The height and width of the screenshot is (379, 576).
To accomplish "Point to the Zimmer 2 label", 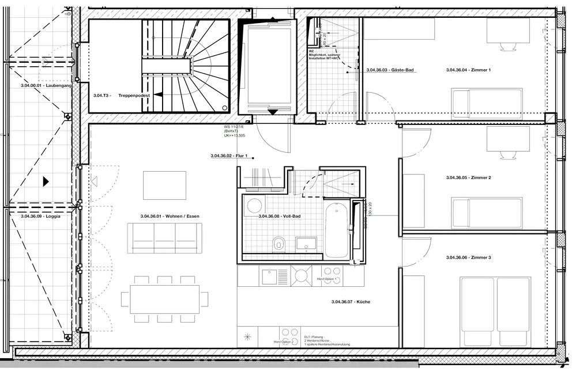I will tap(468, 178).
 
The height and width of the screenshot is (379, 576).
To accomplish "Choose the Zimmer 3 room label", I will tap(468, 257).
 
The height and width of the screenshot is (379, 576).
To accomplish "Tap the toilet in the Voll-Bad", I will tap(279, 244).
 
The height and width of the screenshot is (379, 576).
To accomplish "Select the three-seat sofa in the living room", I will tap(165, 236).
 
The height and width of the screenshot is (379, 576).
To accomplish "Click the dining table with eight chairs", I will tap(165, 299).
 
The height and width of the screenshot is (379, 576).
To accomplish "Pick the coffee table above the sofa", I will tap(165, 185).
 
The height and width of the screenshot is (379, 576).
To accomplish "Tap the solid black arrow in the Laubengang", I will tap(46, 181).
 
